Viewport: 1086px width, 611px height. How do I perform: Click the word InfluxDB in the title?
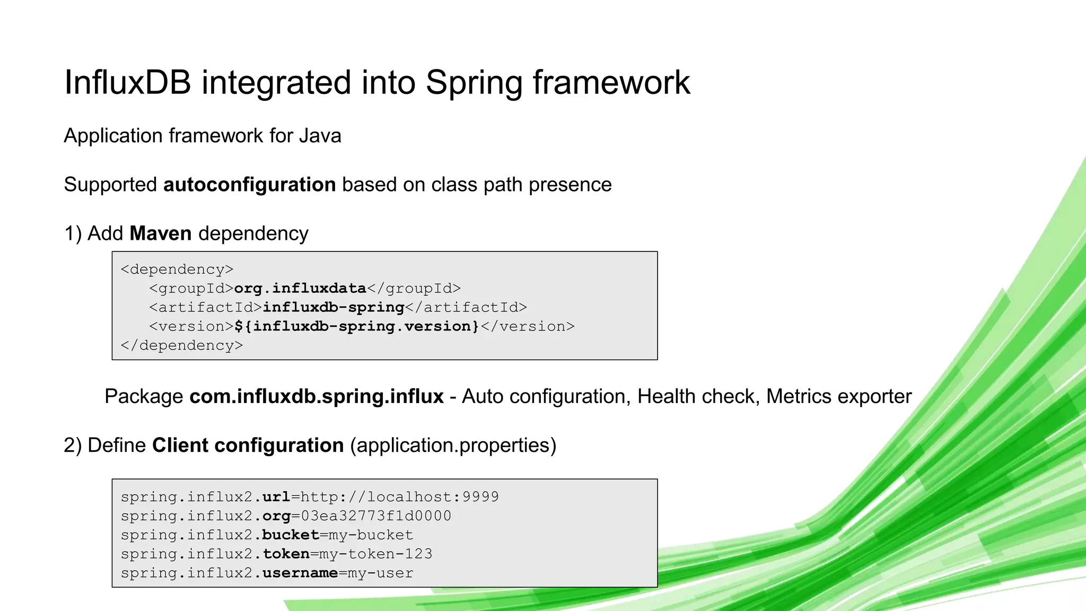click(127, 83)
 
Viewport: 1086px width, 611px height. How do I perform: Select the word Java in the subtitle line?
click(320, 136)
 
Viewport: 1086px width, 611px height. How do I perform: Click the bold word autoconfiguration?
click(249, 185)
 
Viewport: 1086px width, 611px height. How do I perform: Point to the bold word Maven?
click(160, 233)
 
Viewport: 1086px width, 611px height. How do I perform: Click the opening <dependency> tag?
click(177, 269)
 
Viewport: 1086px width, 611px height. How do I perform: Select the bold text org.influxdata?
click(300, 289)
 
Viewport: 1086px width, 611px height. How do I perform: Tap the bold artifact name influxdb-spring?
click(334, 308)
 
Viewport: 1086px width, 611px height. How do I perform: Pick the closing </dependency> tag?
click(182, 345)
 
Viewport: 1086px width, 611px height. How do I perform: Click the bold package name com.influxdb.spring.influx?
click(317, 397)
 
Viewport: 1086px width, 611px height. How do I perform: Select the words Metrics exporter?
click(839, 397)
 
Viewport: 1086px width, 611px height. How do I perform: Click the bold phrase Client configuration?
click(248, 445)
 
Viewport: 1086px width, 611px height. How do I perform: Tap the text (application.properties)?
click(453, 445)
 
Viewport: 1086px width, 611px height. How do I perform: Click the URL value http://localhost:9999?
click(400, 497)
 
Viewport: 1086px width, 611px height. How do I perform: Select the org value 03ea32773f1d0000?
click(376, 516)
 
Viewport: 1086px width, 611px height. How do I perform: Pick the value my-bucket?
click(371, 535)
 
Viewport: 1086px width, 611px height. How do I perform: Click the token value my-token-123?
click(375, 554)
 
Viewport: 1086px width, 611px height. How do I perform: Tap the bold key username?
click(300, 573)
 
